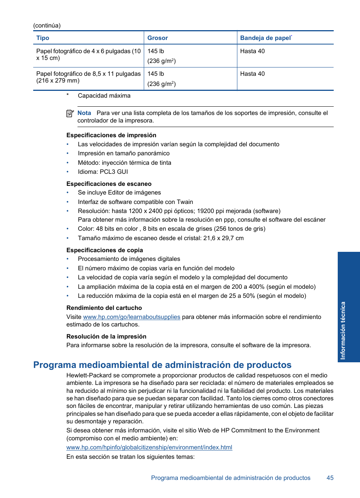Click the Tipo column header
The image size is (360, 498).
[x=43, y=38]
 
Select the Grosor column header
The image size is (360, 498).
[x=157, y=38]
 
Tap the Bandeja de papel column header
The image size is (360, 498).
[x=266, y=38]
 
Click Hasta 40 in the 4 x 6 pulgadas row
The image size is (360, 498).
[x=252, y=51]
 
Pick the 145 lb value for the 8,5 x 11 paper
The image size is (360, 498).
[x=155, y=74]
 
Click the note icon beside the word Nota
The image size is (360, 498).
[x=70, y=113]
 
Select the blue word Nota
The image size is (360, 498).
[x=84, y=113]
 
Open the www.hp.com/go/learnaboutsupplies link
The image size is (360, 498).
[x=131, y=317]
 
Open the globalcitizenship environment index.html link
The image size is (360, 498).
[x=149, y=447]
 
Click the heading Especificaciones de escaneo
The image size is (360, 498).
[x=109, y=184]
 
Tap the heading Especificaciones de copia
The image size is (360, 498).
[x=105, y=250]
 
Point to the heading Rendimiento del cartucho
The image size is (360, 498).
[x=104, y=308]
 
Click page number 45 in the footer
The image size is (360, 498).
[x=330, y=478]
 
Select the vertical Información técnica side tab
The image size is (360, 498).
[x=348, y=307]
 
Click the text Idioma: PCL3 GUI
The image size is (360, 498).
[x=103, y=172]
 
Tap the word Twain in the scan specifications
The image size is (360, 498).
[x=185, y=202]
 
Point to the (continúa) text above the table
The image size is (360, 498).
[x=47, y=26]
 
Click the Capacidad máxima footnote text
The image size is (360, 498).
[x=104, y=96]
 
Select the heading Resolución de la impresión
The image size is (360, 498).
[x=106, y=337]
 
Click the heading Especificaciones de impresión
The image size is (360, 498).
[x=111, y=135]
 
